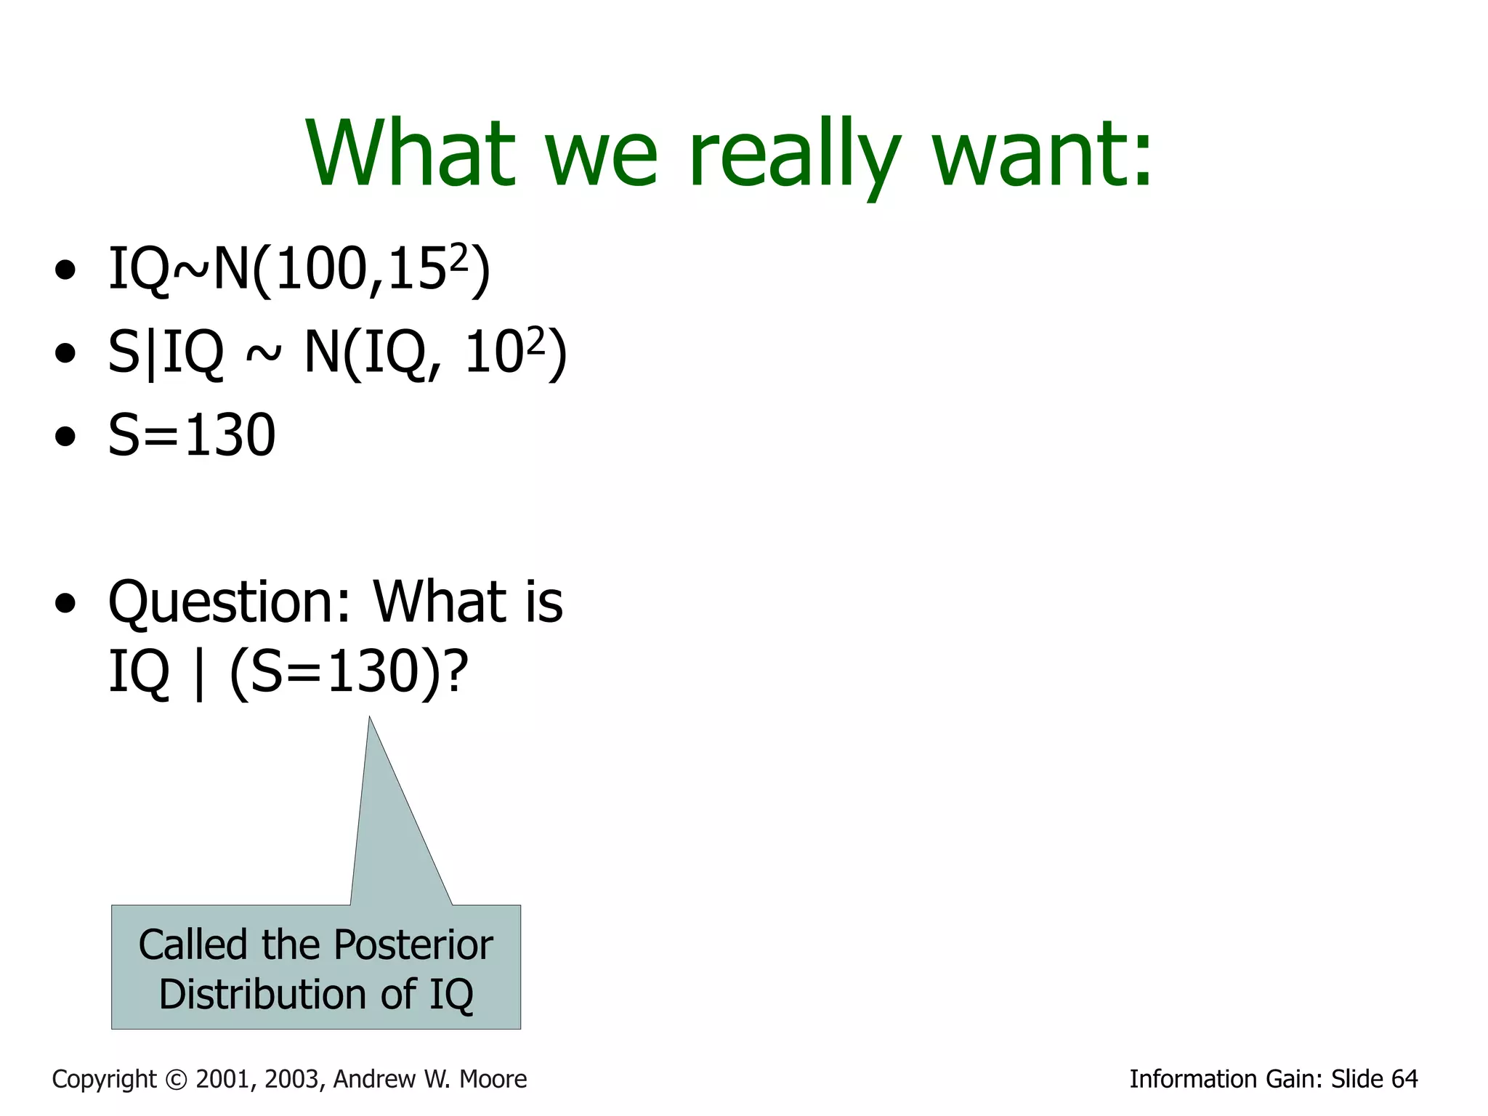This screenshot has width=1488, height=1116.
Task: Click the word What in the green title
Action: [411, 154]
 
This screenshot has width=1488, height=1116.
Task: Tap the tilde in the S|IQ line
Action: [262, 354]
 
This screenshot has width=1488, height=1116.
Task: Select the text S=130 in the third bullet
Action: [192, 435]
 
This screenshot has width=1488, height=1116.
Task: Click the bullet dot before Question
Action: [65, 603]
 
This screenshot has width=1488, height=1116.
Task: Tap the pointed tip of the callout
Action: [370, 719]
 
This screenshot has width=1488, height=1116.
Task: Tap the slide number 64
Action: [1404, 1079]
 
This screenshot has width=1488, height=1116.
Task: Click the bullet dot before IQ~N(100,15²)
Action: [65, 270]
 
